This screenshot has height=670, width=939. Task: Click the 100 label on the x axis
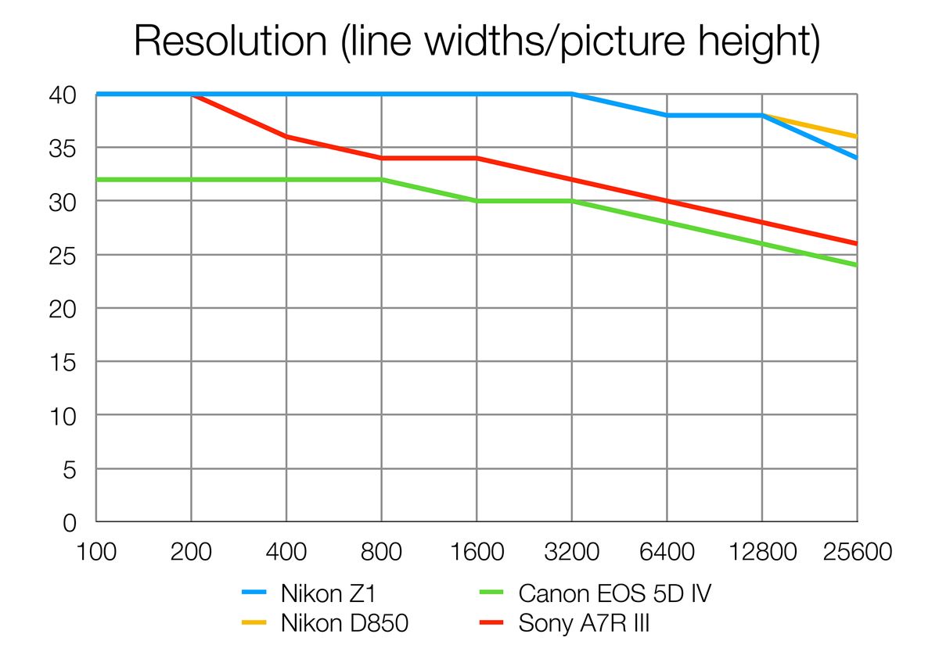click(x=96, y=552)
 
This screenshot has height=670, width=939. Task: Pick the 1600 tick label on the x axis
click(x=477, y=552)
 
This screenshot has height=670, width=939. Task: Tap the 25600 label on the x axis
click(x=857, y=552)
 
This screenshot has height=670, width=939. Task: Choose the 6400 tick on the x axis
click(x=667, y=552)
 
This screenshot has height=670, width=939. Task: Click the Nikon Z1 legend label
click(x=329, y=594)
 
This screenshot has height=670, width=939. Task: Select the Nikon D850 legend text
click(x=344, y=624)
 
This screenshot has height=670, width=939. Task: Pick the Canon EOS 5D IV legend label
click(x=615, y=594)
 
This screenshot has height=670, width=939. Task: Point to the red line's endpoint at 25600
click(x=857, y=243)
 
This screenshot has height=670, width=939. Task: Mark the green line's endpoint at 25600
click(x=857, y=265)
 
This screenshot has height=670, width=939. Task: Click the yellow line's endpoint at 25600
click(x=857, y=137)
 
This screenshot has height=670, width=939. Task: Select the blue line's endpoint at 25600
click(x=857, y=158)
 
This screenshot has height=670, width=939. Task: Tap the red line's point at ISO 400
click(x=286, y=137)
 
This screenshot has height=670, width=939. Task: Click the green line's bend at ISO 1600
click(x=477, y=201)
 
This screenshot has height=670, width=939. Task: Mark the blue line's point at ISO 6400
click(x=667, y=116)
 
